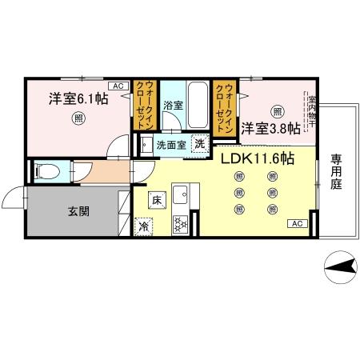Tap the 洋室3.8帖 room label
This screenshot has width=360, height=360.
272,128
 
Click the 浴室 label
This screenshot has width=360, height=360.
173,105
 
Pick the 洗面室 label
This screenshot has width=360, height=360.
170,146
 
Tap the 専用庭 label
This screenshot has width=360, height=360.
336,171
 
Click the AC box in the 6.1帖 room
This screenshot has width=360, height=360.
117,85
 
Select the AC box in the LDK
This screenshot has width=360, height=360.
294,223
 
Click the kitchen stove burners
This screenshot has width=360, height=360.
179,225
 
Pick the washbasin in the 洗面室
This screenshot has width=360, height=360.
146,146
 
